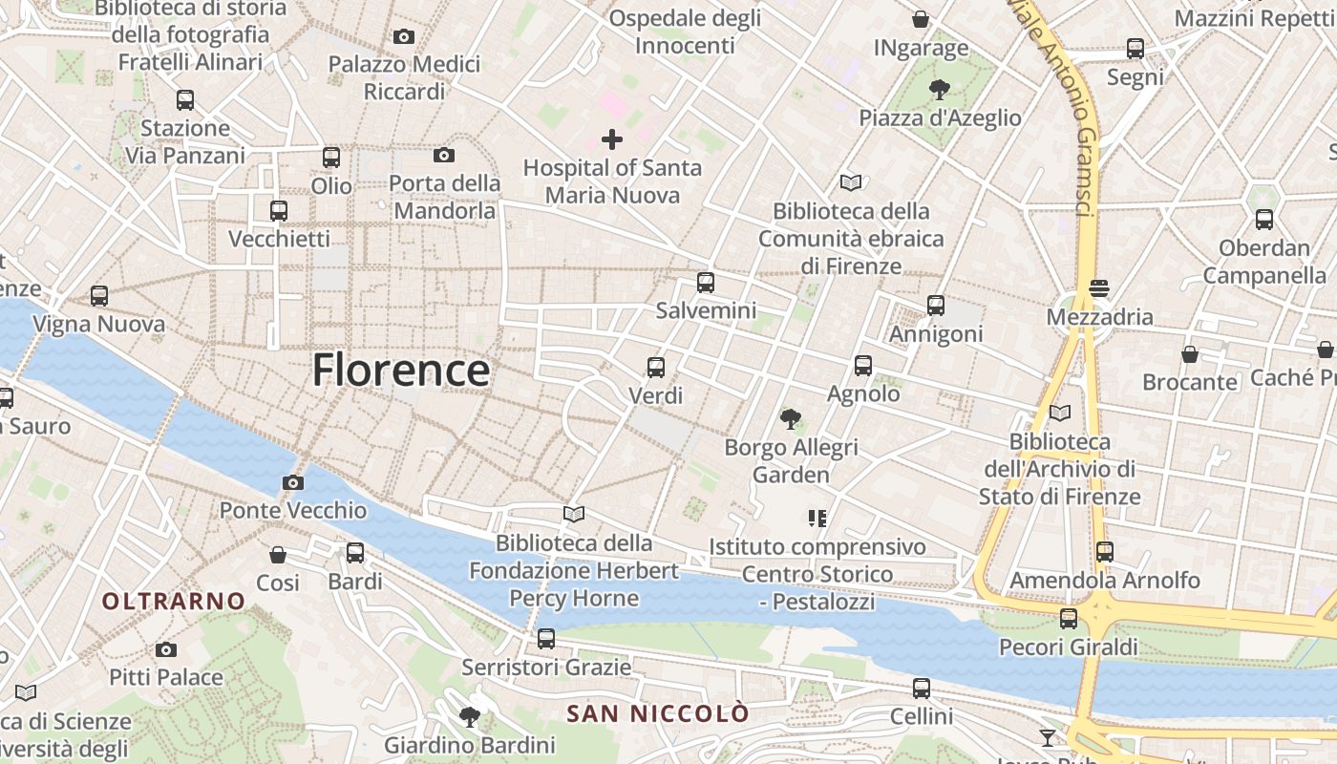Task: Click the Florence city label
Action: (401, 371)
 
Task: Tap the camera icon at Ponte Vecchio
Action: (293, 483)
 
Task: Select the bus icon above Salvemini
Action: (706, 283)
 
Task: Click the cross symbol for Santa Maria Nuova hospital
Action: (612, 140)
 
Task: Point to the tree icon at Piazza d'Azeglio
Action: (940, 90)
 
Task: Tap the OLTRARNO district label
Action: (174, 601)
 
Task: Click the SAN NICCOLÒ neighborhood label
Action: (658, 713)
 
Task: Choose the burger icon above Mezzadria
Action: (1098, 287)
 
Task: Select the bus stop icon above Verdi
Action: (656, 368)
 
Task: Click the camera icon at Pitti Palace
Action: (166, 650)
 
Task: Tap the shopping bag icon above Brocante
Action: (1190, 354)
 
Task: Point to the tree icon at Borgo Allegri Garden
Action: (791, 418)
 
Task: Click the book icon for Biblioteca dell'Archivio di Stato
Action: (1060, 414)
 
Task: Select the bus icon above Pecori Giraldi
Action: (1069, 619)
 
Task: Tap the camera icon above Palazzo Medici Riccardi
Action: (404, 37)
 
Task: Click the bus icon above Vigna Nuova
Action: (99, 296)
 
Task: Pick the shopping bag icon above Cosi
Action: (278, 555)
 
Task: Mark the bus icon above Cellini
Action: (922, 688)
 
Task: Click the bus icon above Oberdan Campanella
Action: (1264, 220)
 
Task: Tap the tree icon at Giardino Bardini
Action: (469, 716)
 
